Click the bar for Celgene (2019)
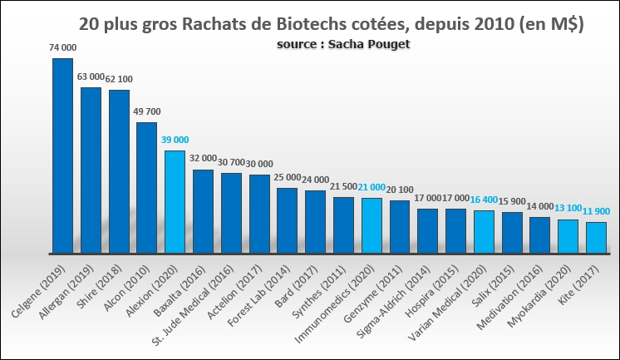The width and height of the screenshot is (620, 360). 62,155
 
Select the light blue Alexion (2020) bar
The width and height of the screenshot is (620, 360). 175,201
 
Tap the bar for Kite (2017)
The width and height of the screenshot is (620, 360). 596,237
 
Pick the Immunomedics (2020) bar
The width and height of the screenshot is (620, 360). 372,225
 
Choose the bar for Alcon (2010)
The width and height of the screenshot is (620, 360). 146,187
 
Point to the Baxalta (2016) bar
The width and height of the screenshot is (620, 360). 203,211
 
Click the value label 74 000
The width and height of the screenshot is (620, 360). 62,49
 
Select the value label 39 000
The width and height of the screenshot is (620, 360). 175,140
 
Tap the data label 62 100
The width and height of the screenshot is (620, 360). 119,79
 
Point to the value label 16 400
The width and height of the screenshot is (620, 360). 485,200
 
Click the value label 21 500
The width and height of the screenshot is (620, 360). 343,187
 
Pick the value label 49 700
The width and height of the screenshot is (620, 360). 147,111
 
